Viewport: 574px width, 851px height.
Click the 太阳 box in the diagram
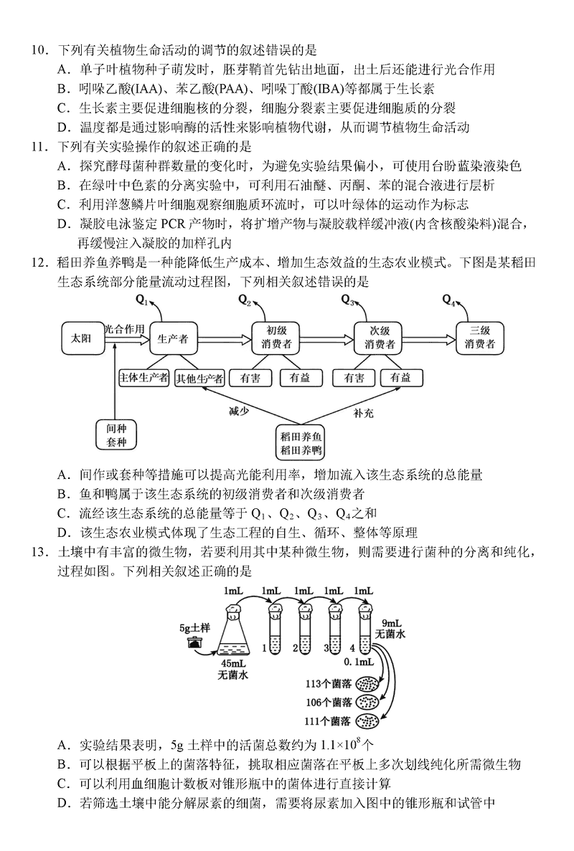(x=81, y=339)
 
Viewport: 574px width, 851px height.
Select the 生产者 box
(x=172, y=339)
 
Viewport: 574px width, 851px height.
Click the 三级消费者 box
(x=480, y=338)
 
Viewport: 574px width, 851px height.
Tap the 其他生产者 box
(x=200, y=377)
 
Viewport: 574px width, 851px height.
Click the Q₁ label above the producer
(x=141, y=299)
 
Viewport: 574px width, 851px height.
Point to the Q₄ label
(x=448, y=299)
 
